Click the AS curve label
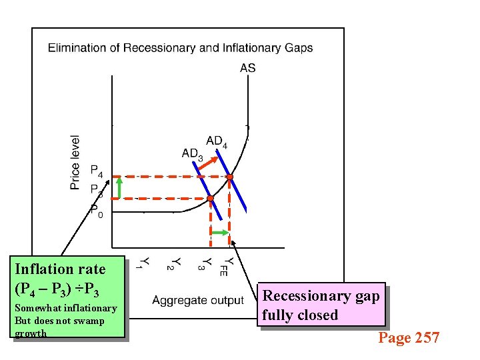(247, 67)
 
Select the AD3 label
(192, 154)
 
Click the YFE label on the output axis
(228, 266)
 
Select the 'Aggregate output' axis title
(198, 301)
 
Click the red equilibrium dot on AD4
(230, 177)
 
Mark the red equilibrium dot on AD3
(209, 199)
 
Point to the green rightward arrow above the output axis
(219, 232)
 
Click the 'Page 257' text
(409, 338)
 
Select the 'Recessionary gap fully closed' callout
(321, 305)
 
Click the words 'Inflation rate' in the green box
(60, 269)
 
